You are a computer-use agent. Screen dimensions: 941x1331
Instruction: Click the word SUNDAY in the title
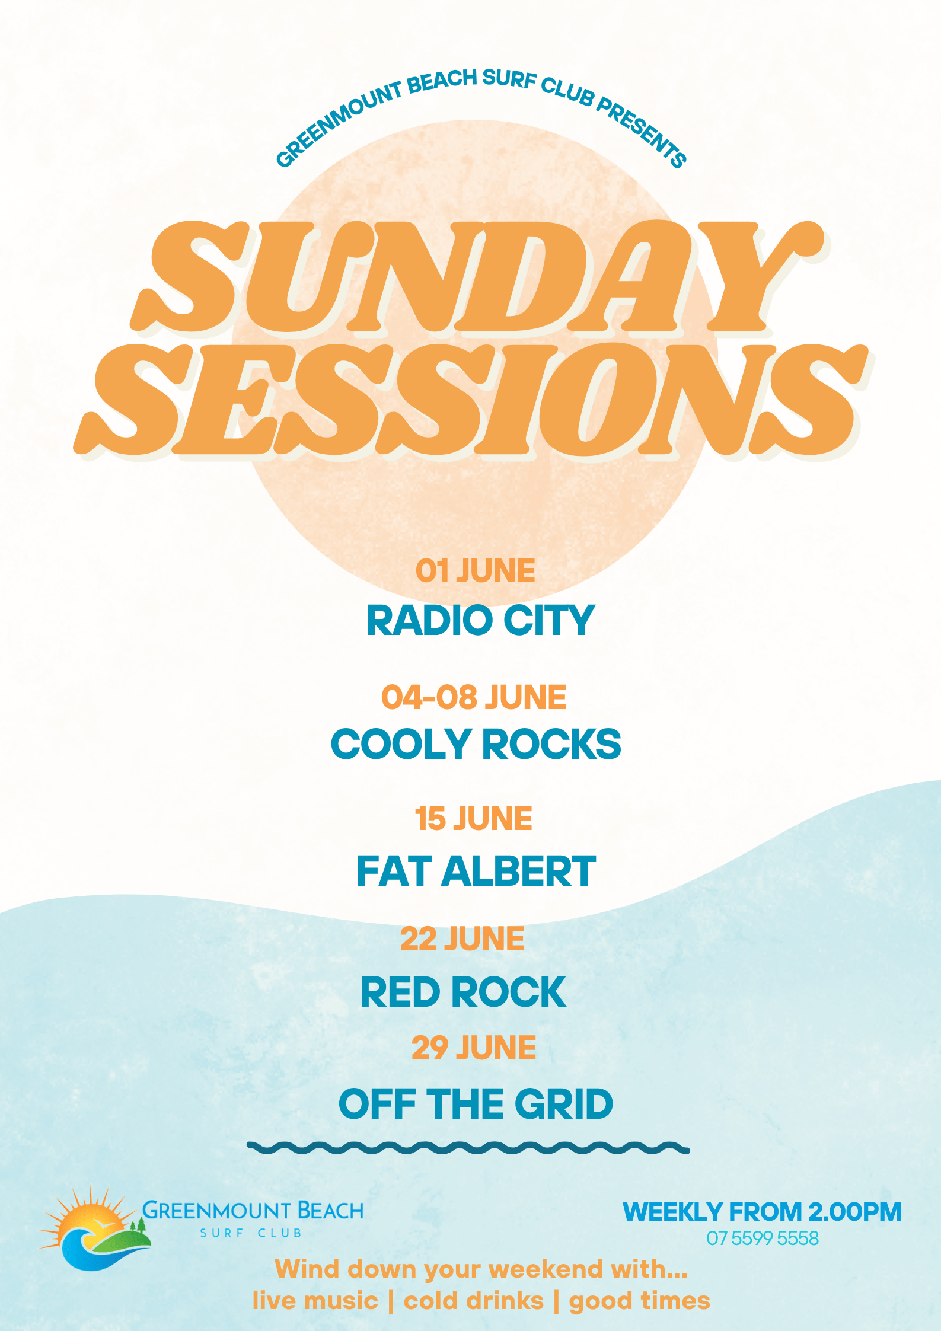click(477, 277)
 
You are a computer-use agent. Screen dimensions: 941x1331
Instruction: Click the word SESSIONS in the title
click(471, 400)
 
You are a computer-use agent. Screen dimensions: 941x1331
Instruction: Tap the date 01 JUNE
click(475, 571)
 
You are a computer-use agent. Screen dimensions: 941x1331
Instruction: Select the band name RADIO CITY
click(480, 621)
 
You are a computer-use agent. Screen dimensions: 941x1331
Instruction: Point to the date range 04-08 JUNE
click(473, 697)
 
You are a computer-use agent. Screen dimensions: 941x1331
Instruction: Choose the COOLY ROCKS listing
click(476, 744)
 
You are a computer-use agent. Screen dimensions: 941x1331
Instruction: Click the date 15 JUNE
click(473, 819)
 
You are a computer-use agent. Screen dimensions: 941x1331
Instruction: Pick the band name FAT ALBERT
click(476, 871)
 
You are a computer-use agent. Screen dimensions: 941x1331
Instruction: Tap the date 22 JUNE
click(462, 939)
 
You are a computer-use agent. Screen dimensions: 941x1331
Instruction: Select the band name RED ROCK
click(463, 992)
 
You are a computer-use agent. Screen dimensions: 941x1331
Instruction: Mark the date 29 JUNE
click(474, 1048)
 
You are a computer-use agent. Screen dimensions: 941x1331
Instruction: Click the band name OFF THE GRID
click(476, 1104)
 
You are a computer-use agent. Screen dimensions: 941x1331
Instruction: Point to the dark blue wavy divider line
click(468, 1148)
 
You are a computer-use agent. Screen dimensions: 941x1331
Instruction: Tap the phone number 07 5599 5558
click(762, 1238)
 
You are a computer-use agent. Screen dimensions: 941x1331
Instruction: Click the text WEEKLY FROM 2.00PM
click(762, 1212)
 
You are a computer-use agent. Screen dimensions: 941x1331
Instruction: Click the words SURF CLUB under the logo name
click(251, 1233)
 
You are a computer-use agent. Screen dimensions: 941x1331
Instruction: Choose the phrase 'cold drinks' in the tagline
click(473, 1301)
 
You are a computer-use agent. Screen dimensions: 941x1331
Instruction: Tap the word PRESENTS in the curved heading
click(642, 132)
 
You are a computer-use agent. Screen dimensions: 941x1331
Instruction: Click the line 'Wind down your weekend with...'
click(481, 1269)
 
